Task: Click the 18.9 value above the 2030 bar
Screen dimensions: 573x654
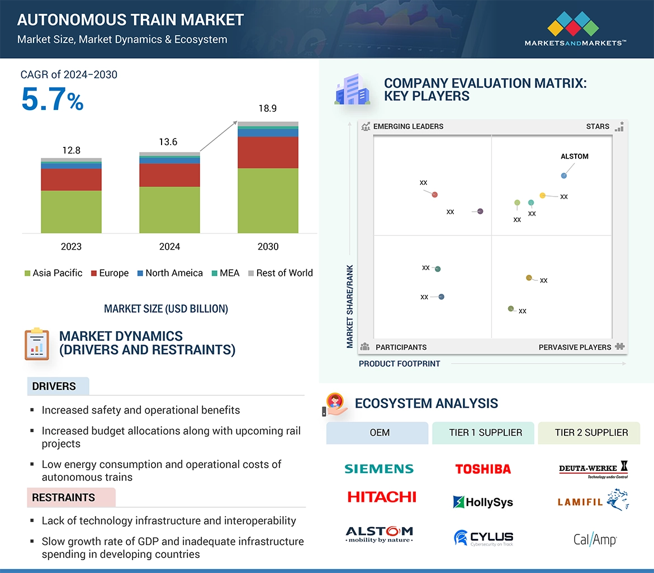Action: (267, 108)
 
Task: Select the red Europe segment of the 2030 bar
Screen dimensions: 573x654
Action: (268, 152)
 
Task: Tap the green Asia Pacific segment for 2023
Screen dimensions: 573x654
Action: (71, 212)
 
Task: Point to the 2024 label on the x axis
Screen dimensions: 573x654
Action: (169, 246)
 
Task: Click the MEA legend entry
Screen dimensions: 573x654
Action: (226, 273)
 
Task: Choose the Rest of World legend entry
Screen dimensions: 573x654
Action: (280, 273)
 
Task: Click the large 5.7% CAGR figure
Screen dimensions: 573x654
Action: (52, 99)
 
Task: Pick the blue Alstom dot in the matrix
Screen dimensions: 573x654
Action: (563, 176)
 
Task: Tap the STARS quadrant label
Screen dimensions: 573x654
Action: (598, 126)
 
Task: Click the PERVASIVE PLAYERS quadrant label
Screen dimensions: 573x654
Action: (575, 347)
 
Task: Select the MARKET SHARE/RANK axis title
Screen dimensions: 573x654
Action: (350, 306)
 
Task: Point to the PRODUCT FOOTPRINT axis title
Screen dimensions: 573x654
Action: (399, 364)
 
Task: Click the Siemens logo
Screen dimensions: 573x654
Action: (379, 469)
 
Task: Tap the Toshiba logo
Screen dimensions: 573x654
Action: (483, 469)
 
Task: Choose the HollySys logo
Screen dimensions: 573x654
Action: (483, 502)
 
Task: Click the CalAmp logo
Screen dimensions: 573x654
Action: (595, 539)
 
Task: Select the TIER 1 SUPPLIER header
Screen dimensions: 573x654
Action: (485, 432)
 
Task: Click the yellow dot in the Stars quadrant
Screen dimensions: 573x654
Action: (542, 195)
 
